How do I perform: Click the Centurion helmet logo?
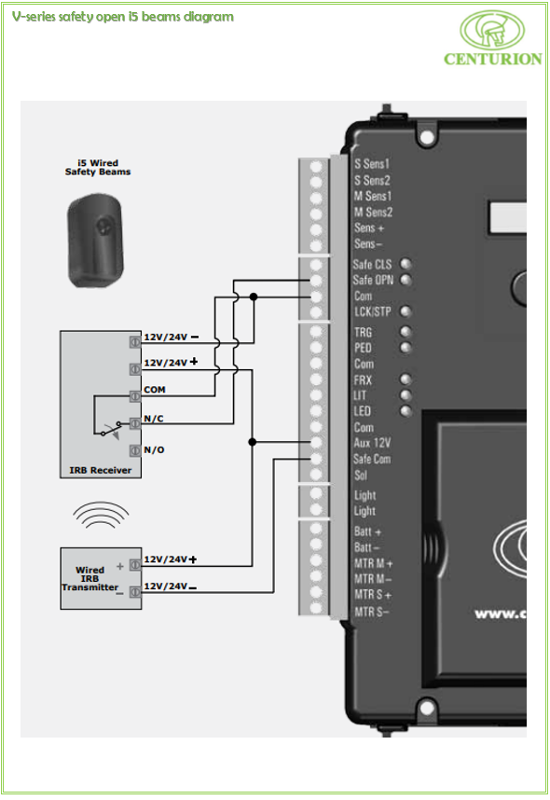(x=492, y=31)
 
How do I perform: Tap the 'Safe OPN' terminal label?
(x=373, y=280)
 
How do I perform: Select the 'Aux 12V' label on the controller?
(x=372, y=443)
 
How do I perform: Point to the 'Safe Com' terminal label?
(x=372, y=459)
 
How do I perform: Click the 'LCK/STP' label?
(x=373, y=311)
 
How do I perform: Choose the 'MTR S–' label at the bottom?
(x=371, y=612)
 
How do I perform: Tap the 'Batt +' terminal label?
(x=367, y=531)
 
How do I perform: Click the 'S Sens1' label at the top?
(x=372, y=164)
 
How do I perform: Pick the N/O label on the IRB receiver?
(x=154, y=450)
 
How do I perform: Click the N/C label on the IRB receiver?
(x=154, y=419)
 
